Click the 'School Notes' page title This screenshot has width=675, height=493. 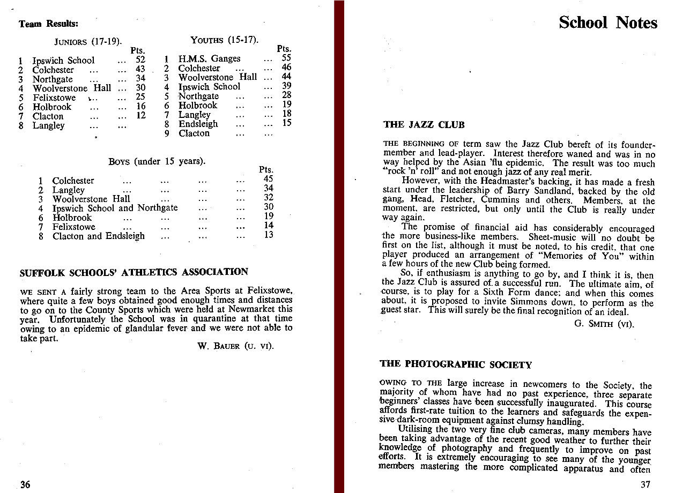click(607, 23)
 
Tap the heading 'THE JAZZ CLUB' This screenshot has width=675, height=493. click(424, 125)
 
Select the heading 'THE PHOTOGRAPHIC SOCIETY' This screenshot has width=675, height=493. click(455, 365)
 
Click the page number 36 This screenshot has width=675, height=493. click(25, 484)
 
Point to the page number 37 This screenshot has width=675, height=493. click(645, 484)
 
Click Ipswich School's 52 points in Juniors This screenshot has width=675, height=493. click(140, 61)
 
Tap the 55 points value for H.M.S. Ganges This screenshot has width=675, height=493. click(286, 58)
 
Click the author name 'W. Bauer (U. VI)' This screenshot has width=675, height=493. click(235, 346)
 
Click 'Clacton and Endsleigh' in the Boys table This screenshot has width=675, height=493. click(99, 236)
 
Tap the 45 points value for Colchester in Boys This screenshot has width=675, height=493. click(269, 180)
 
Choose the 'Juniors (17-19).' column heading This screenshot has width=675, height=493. click(88, 41)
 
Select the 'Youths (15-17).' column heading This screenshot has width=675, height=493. click(225, 40)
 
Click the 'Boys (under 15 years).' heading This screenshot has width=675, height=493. click(157, 161)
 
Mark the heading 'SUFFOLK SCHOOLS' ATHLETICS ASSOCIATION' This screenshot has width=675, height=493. click(133, 272)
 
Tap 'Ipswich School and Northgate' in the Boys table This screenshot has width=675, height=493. click(115, 208)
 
